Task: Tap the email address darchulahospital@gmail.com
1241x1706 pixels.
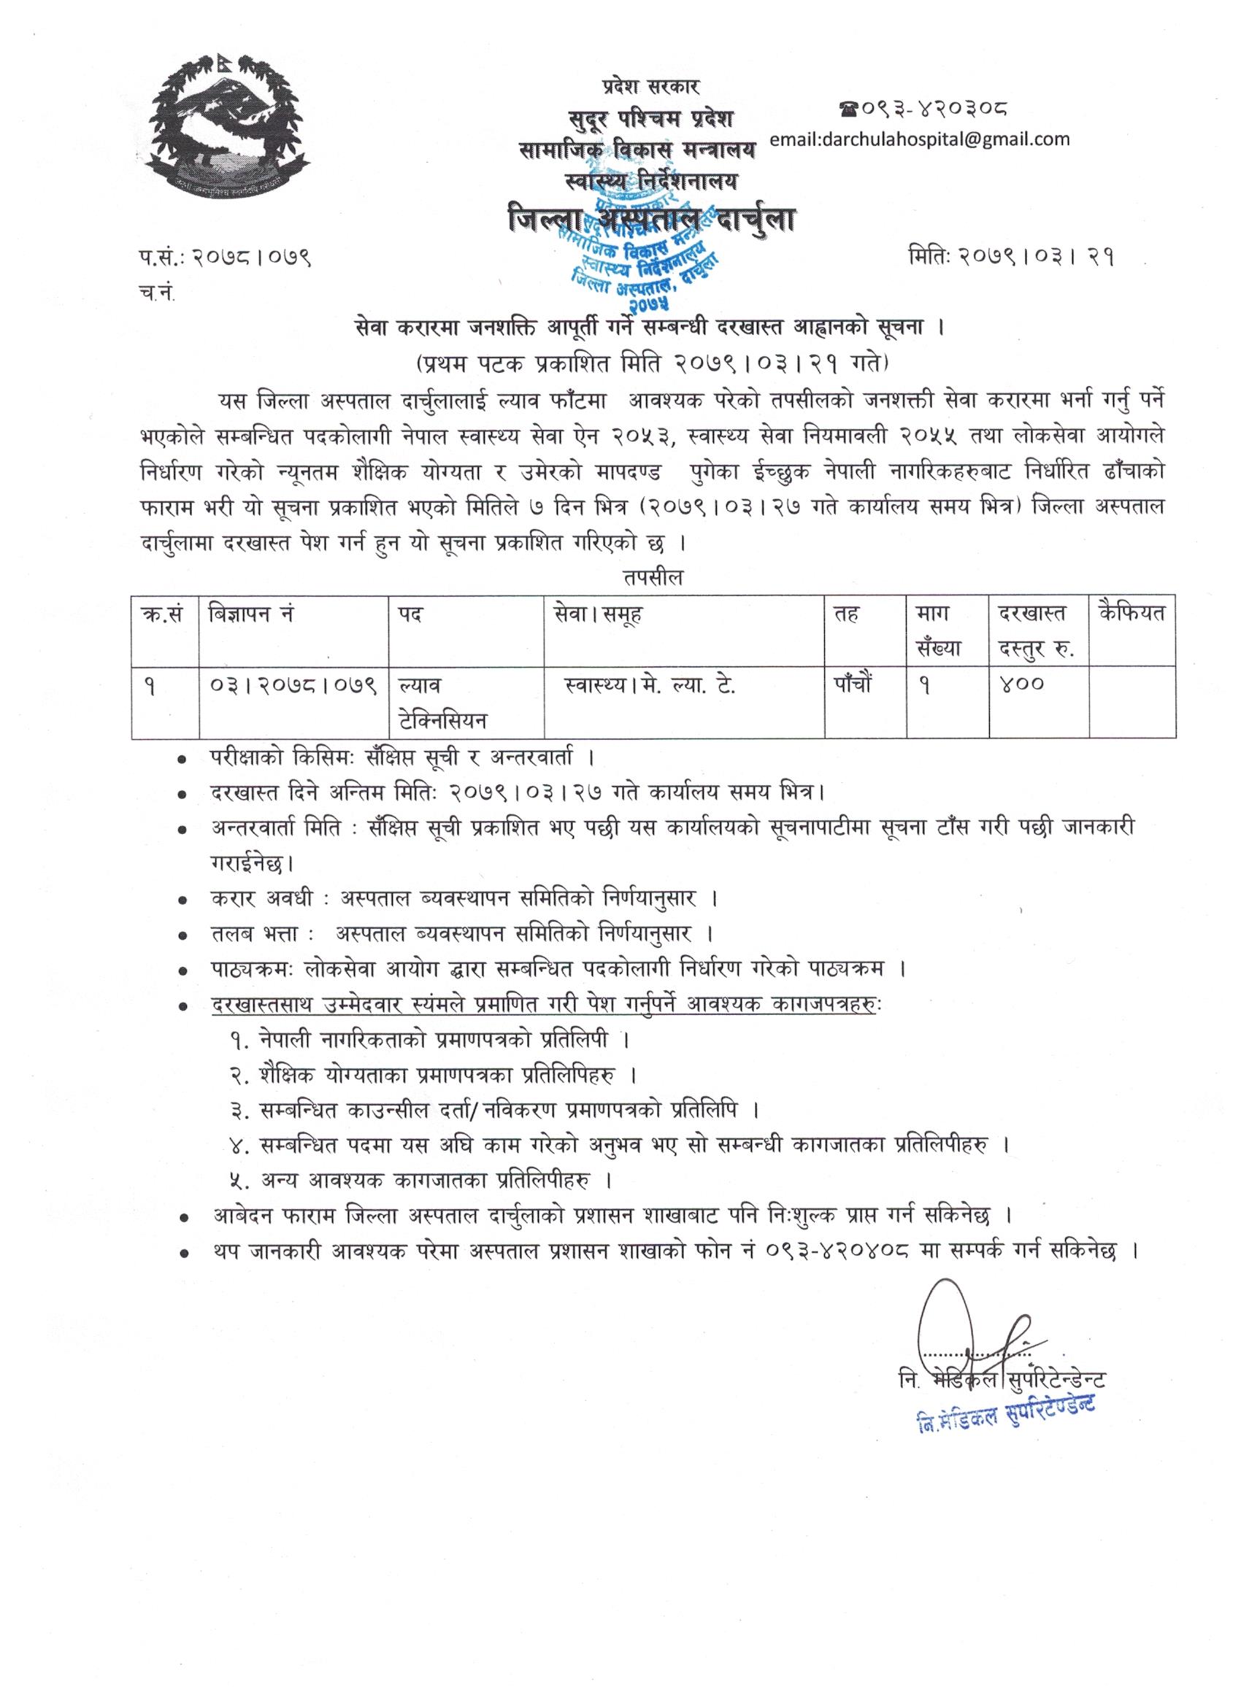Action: (920, 139)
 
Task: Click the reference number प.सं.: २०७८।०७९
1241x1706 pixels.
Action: (220, 259)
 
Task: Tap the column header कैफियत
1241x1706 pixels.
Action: (1131, 614)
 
